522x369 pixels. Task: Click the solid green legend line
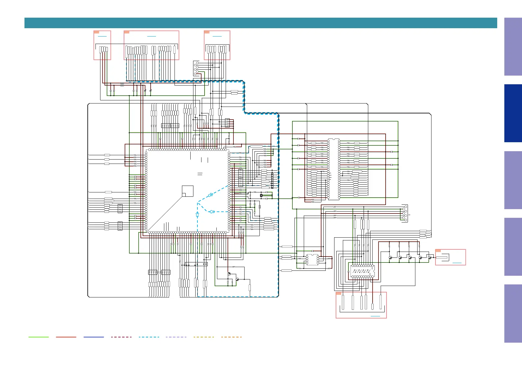(38, 337)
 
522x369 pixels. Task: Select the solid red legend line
(66, 337)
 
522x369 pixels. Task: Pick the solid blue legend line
(94, 337)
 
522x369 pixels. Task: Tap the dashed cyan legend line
(149, 337)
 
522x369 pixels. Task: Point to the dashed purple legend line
(176, 337)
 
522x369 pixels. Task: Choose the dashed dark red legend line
(121, 337)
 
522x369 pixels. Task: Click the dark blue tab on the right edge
(513, 113)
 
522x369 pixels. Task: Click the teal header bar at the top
(260, 23)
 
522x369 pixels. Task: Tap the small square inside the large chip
(188, 191)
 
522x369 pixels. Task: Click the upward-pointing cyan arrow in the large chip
(197, 214)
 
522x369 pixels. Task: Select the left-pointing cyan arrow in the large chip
(212, 212)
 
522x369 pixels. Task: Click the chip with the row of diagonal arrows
(362, 271)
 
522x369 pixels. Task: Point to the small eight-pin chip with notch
(312, 260)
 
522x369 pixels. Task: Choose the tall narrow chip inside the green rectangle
(334, 169)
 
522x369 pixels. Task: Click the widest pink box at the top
(151, 45)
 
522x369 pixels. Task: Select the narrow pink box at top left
(102, 45)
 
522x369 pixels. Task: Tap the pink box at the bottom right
(361, 305)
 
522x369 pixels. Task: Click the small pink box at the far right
(450, 257)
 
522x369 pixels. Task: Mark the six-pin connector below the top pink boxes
(196, 68)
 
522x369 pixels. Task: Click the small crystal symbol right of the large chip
(261, 195)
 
